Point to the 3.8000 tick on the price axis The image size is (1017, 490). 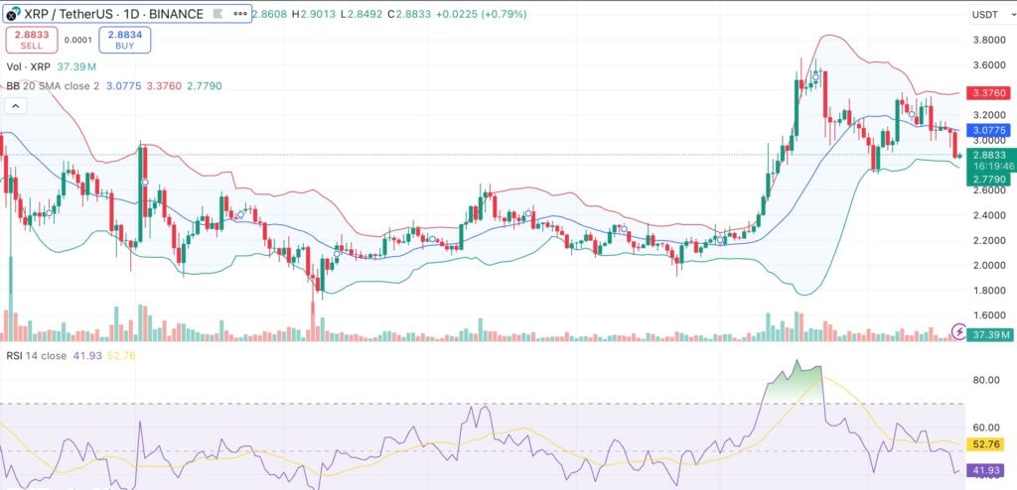989,41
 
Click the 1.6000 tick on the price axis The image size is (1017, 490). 989,315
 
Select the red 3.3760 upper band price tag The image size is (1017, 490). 989,93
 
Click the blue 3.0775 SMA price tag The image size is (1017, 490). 989,129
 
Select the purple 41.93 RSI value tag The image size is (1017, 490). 989,469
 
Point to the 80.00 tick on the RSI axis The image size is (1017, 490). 986,379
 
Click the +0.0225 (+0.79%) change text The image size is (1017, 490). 477,14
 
